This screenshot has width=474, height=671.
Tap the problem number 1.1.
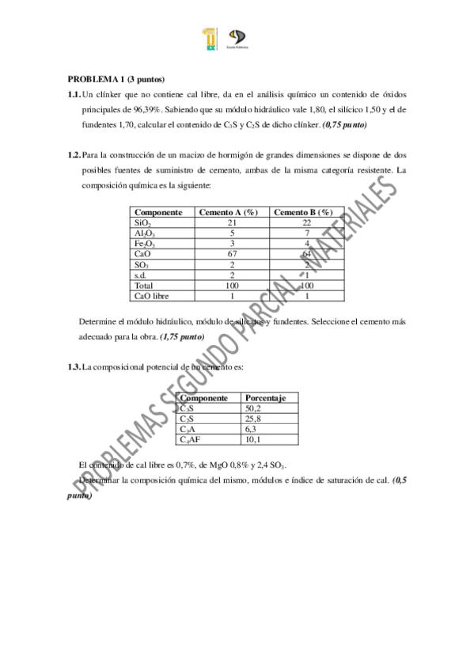[x=74, y=94]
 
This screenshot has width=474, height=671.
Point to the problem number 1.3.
[x=74, y=367]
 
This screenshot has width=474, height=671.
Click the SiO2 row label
[x=143, y=224]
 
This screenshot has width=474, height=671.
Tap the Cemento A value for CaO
[x=232, y=255]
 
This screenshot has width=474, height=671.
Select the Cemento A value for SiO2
[x=232, y=224]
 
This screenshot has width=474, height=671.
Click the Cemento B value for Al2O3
[x=305, y=234]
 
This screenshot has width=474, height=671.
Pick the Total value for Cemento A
[x=232, y=286]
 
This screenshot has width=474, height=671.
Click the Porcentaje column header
[x=271, y=398]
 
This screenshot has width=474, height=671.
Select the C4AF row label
[x=192, y=439]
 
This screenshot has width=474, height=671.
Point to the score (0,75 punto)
[x=344, y=125]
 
